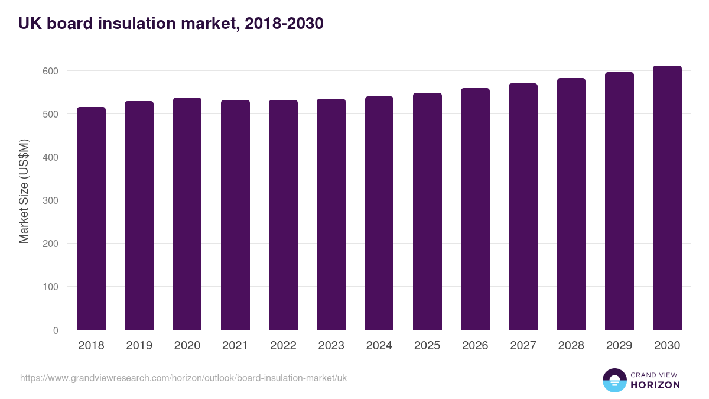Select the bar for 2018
tap(92, 219)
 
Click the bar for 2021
tap(235, 215)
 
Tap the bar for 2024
tap(379, 213)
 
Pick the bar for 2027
tap(523, 207)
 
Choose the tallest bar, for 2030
tap(667, 198)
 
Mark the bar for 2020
tap(187, 214)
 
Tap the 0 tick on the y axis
tap(56, 330)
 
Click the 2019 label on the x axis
tap(139, 346)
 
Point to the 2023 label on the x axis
tap(331, 346)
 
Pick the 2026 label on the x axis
tap(475, 346)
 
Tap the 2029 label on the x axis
tap(619, 346)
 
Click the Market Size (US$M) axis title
tap(24, 191)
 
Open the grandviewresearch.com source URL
tap(183, 378)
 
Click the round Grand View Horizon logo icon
tap(614, 380)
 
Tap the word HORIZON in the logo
tap(655, 385)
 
